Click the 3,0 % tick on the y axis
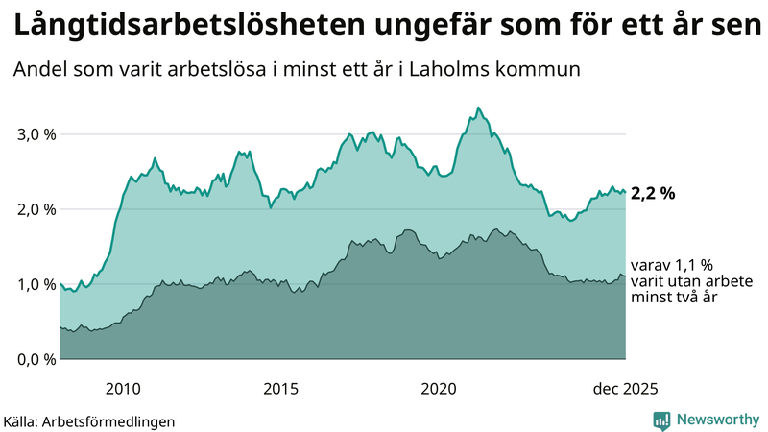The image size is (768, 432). point(37,134)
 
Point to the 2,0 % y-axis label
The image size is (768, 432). point(37,209)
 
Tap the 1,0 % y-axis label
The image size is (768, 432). point(37,284)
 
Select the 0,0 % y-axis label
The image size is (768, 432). point(37,359)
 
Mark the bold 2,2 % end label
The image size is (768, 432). point(653,194)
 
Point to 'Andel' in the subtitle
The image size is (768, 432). point(39,70)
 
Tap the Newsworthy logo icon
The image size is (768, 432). point(661,420)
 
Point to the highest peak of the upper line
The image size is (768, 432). point(478,108)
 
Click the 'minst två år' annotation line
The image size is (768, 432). point(675,298)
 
